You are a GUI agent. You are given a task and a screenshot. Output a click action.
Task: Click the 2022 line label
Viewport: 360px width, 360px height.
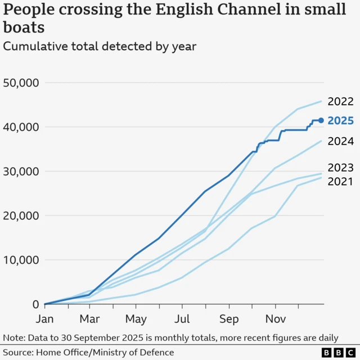pos(340,102)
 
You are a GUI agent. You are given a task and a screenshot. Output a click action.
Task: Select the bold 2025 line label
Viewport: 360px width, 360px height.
pos(340,120)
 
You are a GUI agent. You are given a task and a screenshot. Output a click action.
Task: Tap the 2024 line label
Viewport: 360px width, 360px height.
pos(340,141)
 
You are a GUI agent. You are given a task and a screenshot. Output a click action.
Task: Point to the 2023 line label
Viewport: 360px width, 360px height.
pos(340,167)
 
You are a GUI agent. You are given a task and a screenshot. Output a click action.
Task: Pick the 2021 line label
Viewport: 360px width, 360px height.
pos(340,181)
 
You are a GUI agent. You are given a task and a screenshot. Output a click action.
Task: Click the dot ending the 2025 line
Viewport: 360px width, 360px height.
pos(321,120)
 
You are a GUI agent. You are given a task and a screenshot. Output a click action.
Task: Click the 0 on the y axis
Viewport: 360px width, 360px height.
pos(35,304)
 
